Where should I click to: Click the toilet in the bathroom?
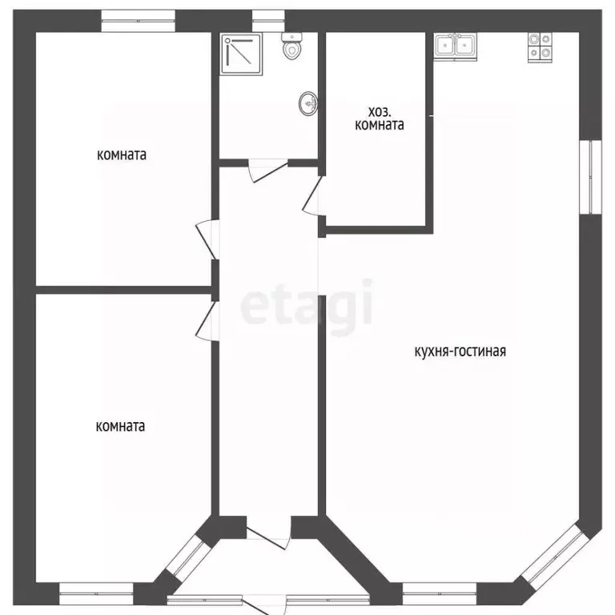click(x=291, y=46)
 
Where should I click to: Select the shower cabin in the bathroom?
click(x=242, y=54)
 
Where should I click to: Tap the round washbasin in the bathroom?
click(x=308, y=104)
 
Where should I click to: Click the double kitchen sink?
click(x=455, y=46)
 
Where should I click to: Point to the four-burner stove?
click(x=540, y=47)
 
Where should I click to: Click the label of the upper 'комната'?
click(x=122, y=155)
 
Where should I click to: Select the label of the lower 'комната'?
click(x=120, y=426)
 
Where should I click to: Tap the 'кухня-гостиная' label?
click(x=460, y=351)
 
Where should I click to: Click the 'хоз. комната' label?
click(x=380, y=119)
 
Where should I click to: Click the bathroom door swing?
click(x=268, y=171)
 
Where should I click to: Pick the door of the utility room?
click(x=312, y=195)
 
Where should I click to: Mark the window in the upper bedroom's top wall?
click(x=138, y=21)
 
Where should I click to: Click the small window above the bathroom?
click(x=268, y=21)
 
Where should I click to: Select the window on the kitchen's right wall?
click(x=590, y=177)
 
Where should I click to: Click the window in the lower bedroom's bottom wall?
click(x=96, y=593)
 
